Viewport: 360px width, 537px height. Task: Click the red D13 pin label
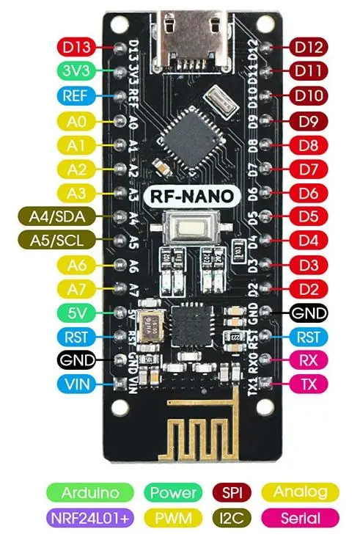click(77, 48)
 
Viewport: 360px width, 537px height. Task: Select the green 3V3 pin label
click(76, 72)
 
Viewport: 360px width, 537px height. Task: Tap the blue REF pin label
click(76, 96)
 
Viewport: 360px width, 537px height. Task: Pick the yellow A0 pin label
click(76, 120)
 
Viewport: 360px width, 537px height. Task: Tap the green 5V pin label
click(76, 313)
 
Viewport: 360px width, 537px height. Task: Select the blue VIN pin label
click(76, 384)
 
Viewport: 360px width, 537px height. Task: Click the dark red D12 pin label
click(309, 48)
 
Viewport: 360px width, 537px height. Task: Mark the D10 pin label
click(309, 96)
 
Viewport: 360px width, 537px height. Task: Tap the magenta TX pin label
click(309, 384)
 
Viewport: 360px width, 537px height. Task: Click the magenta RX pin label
click(309, 360)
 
